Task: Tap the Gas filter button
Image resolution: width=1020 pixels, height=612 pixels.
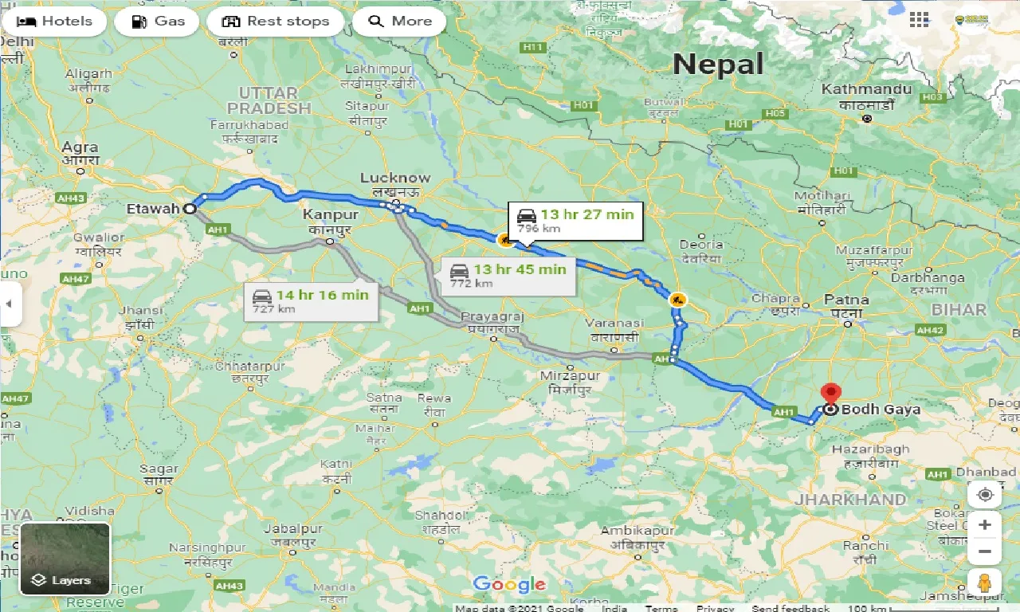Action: click(160, 22)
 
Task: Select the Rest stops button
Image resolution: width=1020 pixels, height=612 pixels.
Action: click(276, 22)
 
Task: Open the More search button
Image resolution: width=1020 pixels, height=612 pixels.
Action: click(400, 22)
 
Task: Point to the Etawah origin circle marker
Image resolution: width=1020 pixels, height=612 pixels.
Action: click(190, 209)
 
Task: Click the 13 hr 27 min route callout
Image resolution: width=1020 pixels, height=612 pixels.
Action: click(575, 220)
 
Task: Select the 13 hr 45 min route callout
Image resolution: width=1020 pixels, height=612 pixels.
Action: click(508, 275)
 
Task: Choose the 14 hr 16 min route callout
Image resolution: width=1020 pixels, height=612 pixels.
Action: click(310, 300)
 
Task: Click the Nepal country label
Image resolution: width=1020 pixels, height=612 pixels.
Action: click(718, 64)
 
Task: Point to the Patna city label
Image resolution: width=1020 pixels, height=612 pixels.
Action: click(846, 300)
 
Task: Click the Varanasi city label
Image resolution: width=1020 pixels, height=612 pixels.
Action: click(614, 324)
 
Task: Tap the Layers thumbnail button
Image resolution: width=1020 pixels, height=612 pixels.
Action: click(65, 558)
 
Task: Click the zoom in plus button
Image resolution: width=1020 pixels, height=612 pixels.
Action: click(985, 524)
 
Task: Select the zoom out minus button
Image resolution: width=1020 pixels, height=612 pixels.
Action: click(985, 551)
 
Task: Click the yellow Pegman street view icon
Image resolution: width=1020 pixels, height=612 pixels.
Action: click(985, 583)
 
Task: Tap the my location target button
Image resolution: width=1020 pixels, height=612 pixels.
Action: click(985, 495)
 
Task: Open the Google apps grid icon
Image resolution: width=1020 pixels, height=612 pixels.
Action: click(919, 20)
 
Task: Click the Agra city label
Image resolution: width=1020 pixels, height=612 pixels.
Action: click(80, 147)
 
